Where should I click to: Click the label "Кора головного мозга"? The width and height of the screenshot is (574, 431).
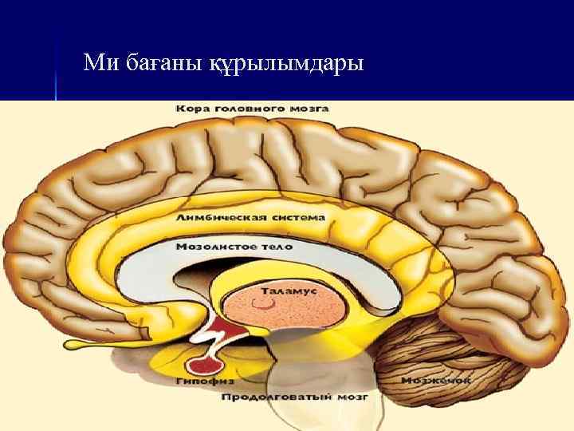253,108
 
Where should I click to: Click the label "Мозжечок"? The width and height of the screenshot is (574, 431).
435,381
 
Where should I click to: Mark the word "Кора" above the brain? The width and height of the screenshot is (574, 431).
194,108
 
